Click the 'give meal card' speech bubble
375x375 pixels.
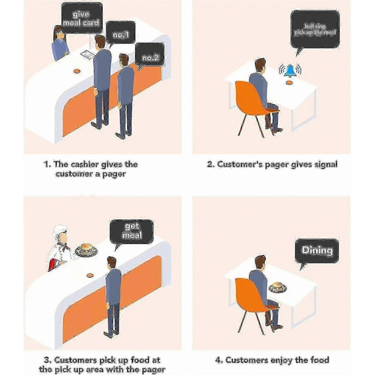point(82,17)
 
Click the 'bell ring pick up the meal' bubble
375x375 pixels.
point(315,29)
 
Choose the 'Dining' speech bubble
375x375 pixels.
point(317,251)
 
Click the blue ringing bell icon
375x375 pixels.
point(290,70)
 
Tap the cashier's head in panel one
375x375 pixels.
point(59,33)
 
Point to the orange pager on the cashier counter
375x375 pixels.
point(76,71)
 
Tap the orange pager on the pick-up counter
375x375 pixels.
point(90,275)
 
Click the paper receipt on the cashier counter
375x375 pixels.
point(87,54)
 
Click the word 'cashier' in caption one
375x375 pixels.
point(85,164)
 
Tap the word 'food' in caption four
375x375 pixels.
point(320,360)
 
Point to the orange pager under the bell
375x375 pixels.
point(289,83)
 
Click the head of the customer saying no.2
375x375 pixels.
point(123,60)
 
